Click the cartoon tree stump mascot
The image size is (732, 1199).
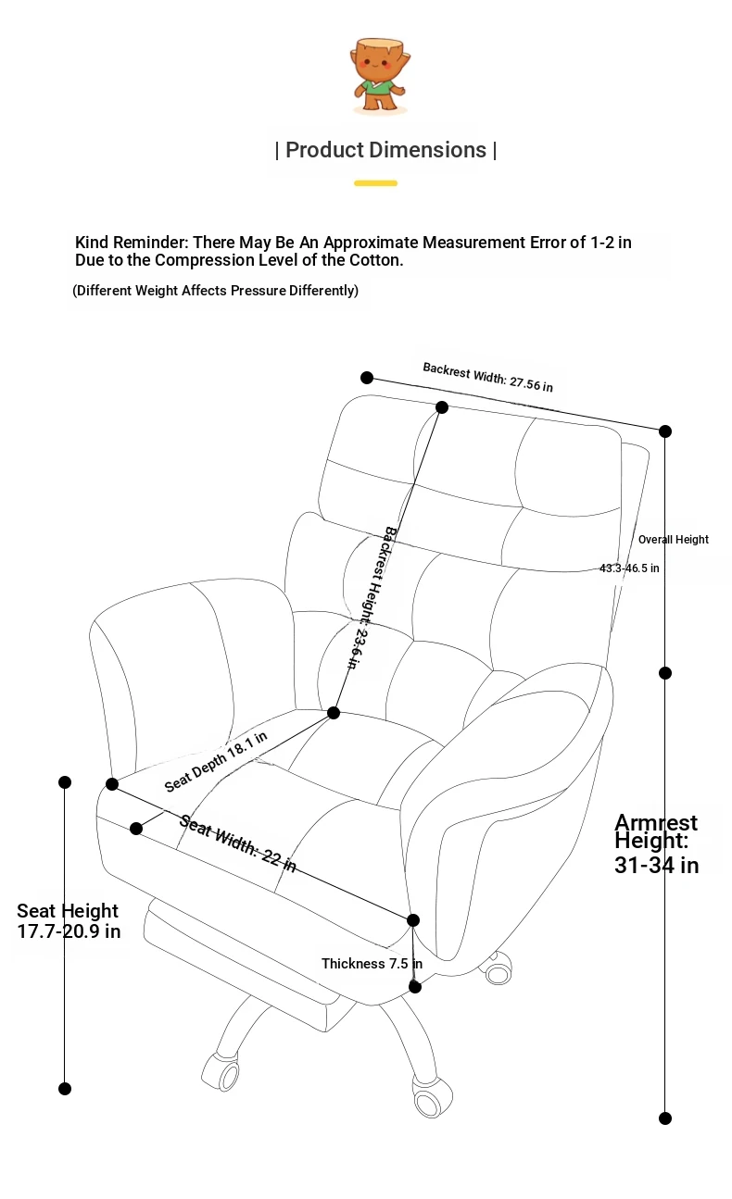pos(380,76)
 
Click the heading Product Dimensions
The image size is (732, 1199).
pos(385,150)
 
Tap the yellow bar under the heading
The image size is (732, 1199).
pos(375,183)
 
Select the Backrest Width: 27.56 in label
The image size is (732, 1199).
pos(487,377)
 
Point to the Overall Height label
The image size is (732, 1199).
pos(673,540)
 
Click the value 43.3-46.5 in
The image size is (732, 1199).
pos(629,568)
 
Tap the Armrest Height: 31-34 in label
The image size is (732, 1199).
pos(656,843)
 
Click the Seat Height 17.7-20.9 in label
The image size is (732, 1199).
pos(69,920)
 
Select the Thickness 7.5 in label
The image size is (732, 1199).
pos(372,964)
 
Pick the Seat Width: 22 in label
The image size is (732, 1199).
pos(237,843)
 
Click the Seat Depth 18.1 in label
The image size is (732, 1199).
pos(215,762)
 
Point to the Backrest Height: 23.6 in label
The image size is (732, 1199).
pos(371,597)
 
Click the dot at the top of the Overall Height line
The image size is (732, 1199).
pos(665,431)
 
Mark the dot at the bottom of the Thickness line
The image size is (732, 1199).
pos(415,986)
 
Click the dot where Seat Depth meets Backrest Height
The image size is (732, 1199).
pos(334,712)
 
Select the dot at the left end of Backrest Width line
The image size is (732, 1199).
pos(367,378)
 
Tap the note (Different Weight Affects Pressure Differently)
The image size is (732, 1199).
pos(215,291)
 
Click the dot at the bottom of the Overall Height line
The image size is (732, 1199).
pos(665,1118)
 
